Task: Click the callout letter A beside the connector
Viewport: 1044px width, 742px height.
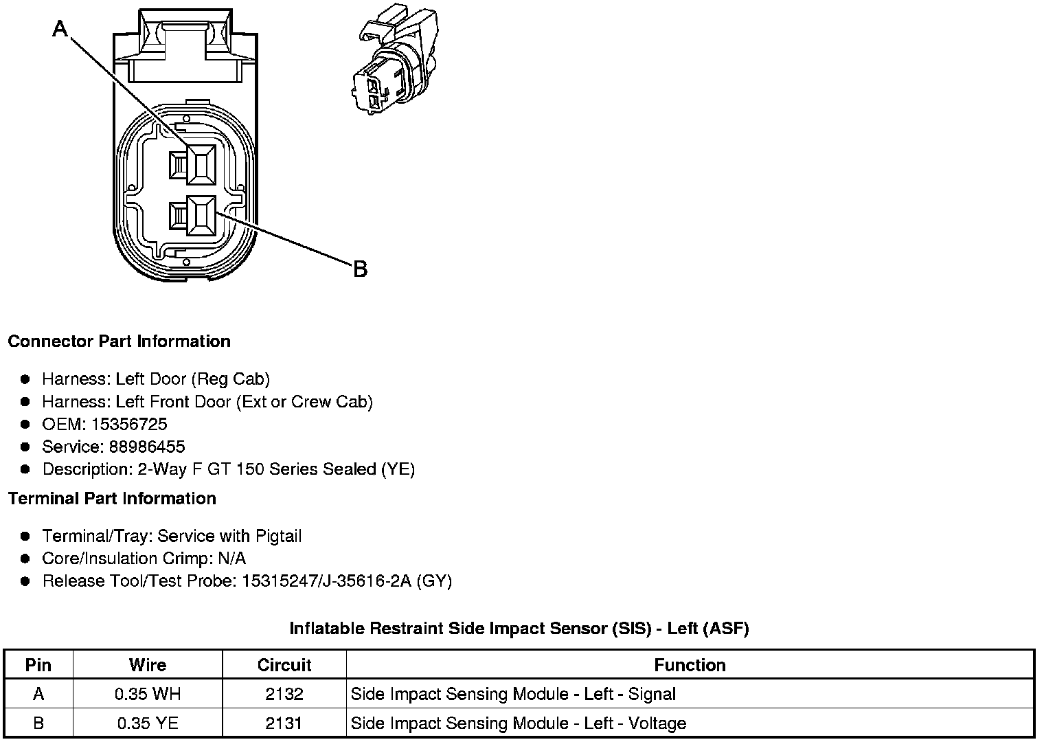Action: [60, 29]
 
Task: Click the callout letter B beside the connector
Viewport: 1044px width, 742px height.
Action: [360, 269]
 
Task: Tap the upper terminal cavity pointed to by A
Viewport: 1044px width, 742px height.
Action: [201, 165]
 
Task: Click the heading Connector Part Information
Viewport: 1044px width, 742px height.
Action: [119, 341]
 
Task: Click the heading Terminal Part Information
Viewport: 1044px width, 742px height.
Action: [112, 498]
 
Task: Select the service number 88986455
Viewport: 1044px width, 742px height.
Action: [147, 447]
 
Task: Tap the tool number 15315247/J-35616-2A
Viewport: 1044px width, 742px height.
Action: [326, 581]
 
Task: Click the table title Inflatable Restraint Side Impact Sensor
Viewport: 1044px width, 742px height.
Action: [519, 628]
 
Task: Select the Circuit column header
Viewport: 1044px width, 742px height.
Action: [284, 665]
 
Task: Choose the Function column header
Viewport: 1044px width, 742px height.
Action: [690, 665]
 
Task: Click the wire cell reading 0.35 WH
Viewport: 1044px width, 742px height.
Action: [148, 694]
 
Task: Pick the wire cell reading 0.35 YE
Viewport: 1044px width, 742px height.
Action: [148, 723]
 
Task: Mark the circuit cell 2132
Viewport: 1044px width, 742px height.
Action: [284, 694]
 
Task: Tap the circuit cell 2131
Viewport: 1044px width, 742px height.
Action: [284, 723]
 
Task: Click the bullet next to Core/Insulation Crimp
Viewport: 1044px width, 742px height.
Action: [25, 559]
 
